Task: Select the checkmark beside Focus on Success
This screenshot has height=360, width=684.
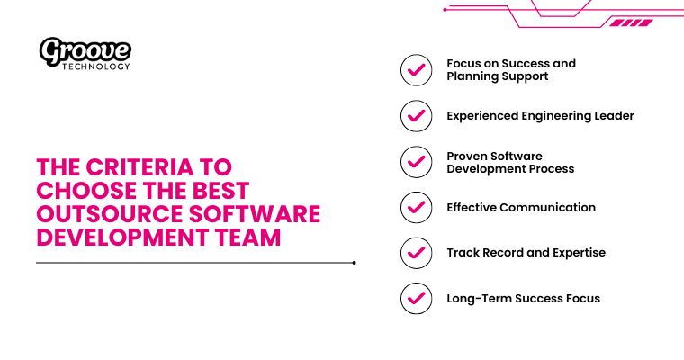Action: coord(416,70)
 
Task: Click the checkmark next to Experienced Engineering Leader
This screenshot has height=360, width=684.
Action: coord(416,115)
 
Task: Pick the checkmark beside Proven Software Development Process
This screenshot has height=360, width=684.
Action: coord(416,162)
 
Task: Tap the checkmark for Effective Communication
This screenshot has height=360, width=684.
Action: coord(416,207)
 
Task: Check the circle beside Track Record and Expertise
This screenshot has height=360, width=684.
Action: coord(416,253)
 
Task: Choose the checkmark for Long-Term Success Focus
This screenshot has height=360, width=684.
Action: coord(416,298)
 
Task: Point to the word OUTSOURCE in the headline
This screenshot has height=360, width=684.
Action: coord(107,214)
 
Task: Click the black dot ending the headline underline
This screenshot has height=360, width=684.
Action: coord(355,263)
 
